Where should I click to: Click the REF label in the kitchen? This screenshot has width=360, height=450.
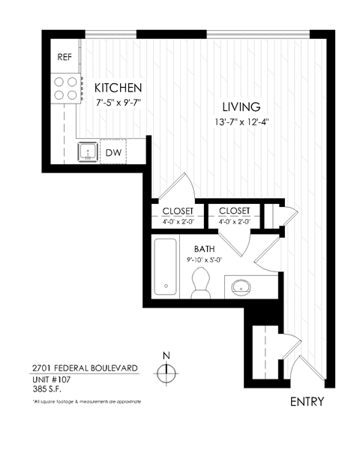point(64,56)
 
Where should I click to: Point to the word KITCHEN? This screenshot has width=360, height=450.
point(118,88)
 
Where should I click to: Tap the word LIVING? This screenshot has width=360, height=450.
point(241,106)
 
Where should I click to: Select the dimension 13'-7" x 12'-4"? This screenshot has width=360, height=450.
point(241,122)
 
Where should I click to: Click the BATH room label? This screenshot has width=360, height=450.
point(205,248)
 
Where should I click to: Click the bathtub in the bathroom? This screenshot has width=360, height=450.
point(166,266)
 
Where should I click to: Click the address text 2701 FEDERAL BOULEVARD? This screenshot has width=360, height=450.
point(85,367)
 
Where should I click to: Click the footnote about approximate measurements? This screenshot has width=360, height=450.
point(86,402)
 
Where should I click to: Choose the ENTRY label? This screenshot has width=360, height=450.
point(307,401)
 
